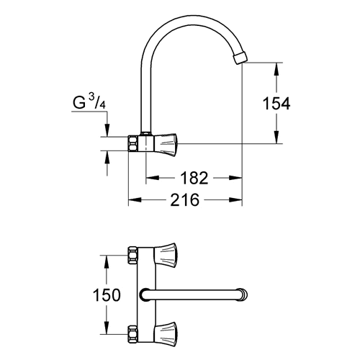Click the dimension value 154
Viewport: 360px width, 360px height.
click(276, 104)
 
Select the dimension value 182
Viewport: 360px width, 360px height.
click(194, 178)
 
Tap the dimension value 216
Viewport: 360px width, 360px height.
click(185, 199)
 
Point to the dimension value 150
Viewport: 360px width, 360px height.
click(107, 295)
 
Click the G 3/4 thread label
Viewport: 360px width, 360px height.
click(89, 102)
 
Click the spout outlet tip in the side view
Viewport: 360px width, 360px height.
click(240, 58)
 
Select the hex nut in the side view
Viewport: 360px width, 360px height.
click(133, 144)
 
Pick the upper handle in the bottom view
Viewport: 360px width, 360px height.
click(166, 255)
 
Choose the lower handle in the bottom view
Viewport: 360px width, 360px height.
click(166, 334)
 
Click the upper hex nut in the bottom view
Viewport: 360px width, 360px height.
click(132, 256)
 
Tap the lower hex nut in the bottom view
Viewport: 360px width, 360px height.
click(132, 334)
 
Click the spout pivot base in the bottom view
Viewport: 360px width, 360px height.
click(145, 294)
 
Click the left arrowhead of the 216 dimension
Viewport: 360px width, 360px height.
click(135, 199)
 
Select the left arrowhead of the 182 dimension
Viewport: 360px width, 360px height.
click(152, 178)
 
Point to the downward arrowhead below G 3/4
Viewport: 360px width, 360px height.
click(107, 131)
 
